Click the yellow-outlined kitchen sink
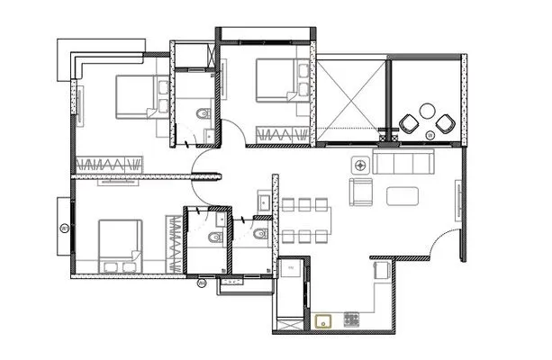(324, 319)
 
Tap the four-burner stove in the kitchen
(350, 319)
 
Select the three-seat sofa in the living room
(403, 164)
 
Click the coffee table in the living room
(403, 194)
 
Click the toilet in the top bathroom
(203, 112)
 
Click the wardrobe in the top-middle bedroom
(283, 135)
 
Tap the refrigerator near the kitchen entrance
(292, 269)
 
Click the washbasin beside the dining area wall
(261, 203)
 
